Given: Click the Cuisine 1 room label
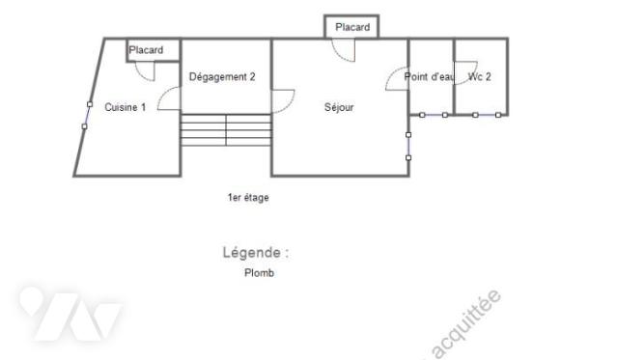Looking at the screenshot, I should click(126, 107).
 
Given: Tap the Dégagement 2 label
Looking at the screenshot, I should click(222, 77).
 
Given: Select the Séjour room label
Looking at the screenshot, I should click(339, 107).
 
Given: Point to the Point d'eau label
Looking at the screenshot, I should click(429, 77).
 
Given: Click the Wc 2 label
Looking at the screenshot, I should click(480, 77).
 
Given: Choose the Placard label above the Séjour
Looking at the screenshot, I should click(352, 27).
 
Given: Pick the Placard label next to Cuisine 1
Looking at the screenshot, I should click(146, 50).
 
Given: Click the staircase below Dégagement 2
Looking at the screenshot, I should click(226, 130).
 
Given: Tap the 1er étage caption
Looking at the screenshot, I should click(248, 198).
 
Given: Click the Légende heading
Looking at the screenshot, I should click(255, 253).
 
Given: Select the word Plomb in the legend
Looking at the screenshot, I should click(259, 273).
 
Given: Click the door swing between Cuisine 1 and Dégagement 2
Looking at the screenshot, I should click(170, 97).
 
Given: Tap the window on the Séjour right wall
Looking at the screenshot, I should click(408, 146).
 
